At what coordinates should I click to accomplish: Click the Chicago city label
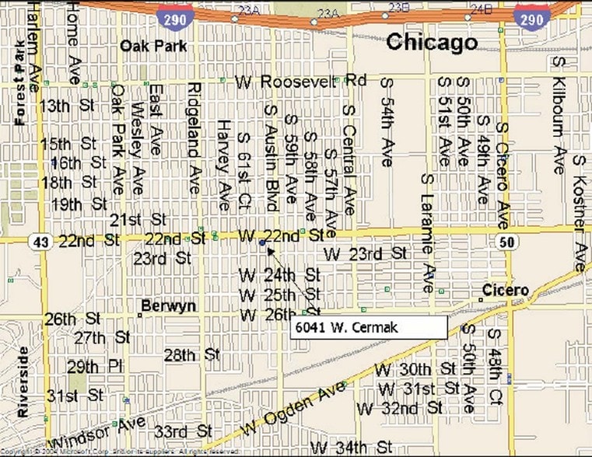click(432, 42)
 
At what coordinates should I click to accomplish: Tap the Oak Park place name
click(153, 46)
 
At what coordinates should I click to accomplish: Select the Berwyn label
click(168, 306)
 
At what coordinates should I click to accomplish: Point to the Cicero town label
click(506, 291)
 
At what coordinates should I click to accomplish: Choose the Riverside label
click(23, 382)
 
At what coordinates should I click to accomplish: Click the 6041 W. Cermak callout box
click(369, 327)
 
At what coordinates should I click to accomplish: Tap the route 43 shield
click(40, 242)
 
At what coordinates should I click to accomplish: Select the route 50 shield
click(506, 242)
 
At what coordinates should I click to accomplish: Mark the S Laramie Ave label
click(427, 233)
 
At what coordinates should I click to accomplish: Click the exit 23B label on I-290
click(398, 8)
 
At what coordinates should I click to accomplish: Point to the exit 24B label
click(482, 9)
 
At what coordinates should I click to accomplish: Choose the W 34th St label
click(351, 447)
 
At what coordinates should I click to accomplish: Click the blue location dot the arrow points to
click(263, 243)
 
